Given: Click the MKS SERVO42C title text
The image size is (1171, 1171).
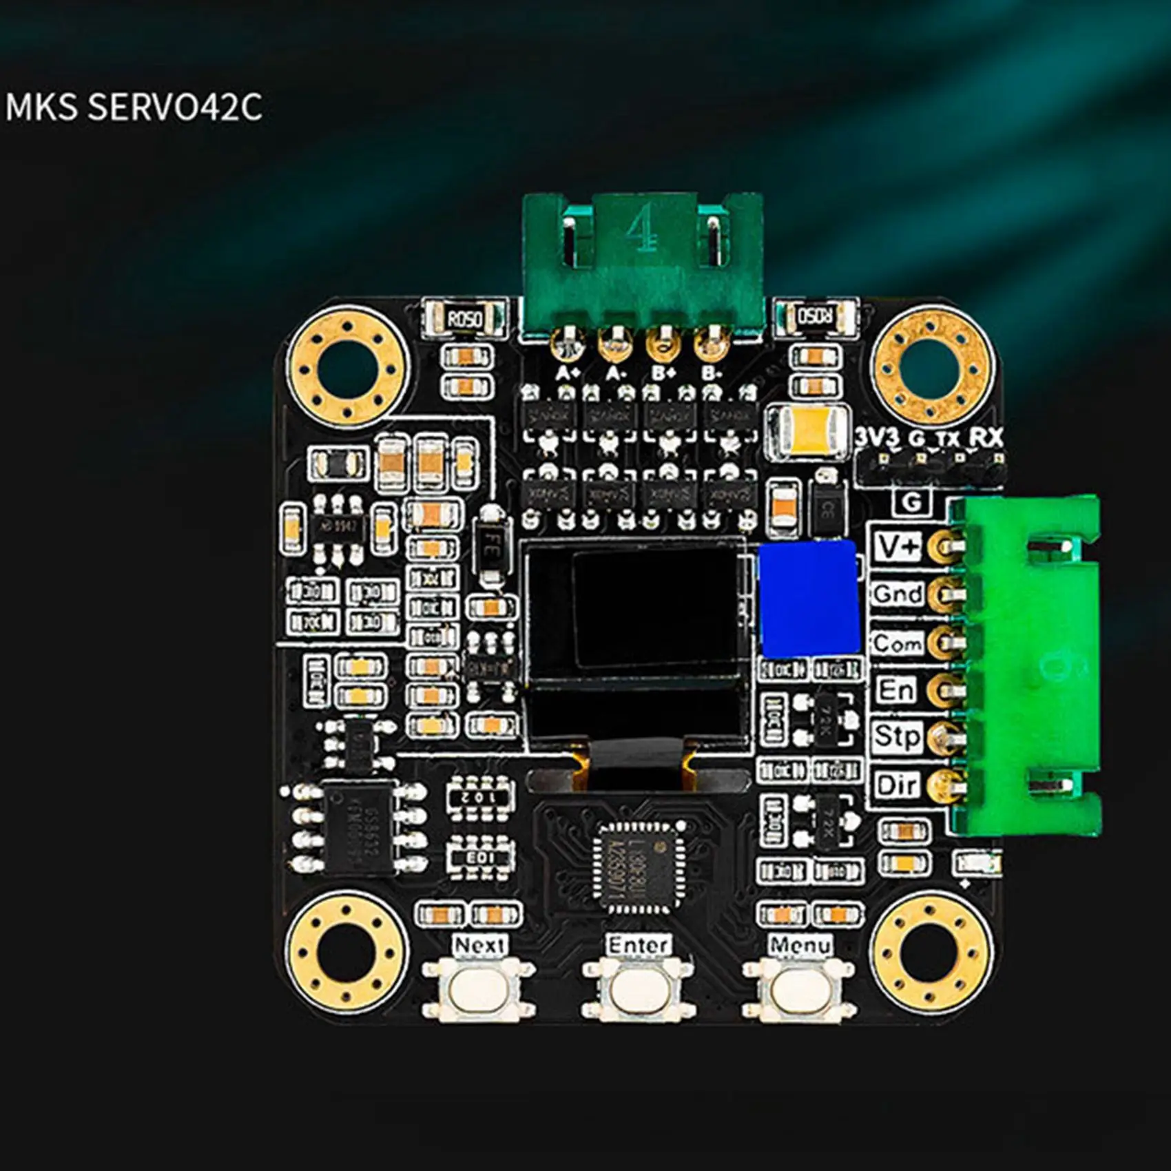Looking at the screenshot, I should pos(134,107).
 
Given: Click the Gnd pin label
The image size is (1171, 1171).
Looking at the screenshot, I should pos(898,594).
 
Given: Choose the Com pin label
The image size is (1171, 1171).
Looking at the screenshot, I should pos(898,643).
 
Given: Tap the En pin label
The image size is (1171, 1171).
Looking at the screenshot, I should pos(896,690).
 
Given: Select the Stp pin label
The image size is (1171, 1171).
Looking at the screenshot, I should pos(896,736).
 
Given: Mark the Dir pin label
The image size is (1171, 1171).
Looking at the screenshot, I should pos(896,785).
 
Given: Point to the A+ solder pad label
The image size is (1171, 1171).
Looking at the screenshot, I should pos(568,373).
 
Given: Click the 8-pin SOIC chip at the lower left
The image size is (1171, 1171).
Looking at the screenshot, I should pos(357,829).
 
